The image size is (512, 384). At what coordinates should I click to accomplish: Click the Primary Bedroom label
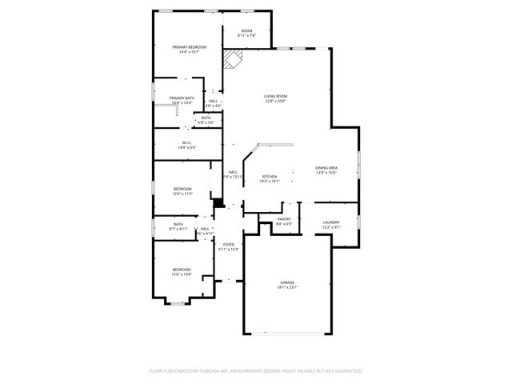pos(190,47)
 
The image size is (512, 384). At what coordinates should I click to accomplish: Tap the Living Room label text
pos(275,97)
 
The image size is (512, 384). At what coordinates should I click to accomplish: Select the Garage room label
pos(287,282)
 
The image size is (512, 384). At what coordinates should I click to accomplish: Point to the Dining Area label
pos(326,167)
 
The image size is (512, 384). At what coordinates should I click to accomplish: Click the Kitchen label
pos(269,176)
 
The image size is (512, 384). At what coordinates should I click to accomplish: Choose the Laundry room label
pos(331,222)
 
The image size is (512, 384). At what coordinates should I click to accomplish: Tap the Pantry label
pos(284,218)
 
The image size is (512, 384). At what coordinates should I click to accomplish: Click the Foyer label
pos(229,244)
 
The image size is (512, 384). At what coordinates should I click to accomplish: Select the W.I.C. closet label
pos(186,142)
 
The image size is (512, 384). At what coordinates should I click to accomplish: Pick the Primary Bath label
pos(182,98)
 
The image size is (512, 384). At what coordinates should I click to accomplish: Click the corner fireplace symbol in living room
pos(232,59)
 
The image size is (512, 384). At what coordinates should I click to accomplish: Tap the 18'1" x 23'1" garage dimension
pos(287,287)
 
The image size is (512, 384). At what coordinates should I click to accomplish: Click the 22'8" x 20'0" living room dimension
pos(275,102)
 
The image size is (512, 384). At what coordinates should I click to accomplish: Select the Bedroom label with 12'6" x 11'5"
pos(182,189)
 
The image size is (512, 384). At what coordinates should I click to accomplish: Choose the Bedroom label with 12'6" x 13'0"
pos(182,270)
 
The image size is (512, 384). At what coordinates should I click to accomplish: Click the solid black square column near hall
pos(218,203)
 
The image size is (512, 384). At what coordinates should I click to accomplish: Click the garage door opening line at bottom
pos(288,333)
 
